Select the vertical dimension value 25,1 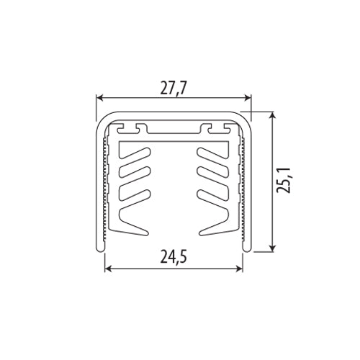click(286, 181)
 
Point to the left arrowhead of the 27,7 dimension click(101, 99)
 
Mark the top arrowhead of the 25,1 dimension click(273, 115)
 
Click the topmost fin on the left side click(137, 154)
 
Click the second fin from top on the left click(137, 174)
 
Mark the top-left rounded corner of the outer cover click(100, 120)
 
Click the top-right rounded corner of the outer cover click(245, 120)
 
